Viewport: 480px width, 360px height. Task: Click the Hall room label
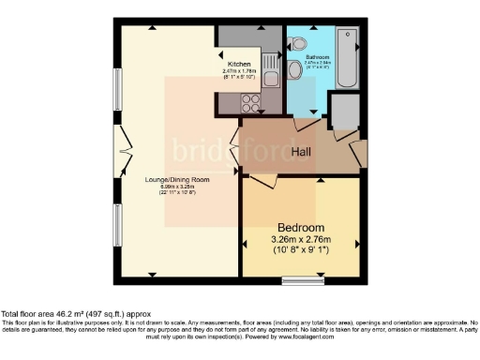(300, 151)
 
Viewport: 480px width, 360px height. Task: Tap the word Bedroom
(300, 228)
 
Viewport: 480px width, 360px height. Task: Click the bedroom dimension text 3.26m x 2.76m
(300, 240)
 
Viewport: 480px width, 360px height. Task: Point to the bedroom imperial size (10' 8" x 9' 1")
(300, 251)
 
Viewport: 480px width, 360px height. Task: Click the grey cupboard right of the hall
(345, 112)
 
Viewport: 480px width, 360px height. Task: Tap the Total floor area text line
(75, 313)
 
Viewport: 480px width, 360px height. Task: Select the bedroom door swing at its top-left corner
(258, 181)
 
